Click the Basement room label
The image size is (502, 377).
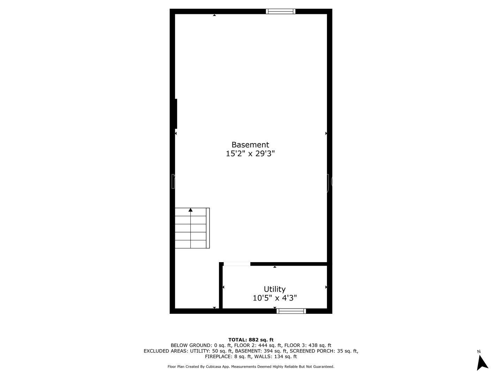[250, 145]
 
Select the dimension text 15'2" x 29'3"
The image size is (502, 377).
[250, 153]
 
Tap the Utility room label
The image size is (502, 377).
[274, 289]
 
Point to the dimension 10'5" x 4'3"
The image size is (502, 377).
[274, 298]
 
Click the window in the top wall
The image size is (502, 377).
[281, 12]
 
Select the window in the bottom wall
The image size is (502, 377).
[291, 311]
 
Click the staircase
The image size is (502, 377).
[192, 228]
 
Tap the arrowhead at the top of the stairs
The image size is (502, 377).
[190, 210]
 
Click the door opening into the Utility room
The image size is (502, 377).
[237, 264]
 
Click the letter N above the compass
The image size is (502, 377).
[479, 352]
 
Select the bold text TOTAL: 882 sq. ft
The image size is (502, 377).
[251, 340]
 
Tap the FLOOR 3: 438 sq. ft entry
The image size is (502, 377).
[308, 346]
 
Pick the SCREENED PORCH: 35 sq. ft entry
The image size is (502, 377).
[324, 351]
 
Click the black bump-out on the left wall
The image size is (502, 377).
[176, 114]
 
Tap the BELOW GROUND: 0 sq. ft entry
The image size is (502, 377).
[201, 346]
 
